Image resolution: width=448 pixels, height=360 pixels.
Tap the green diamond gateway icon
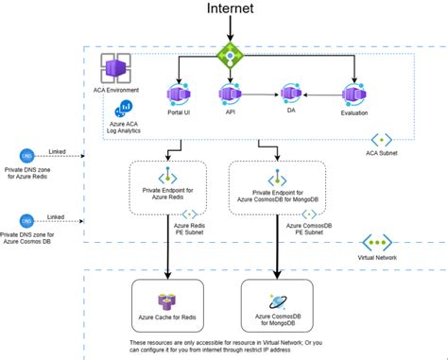pyautogui.click(x=229, y=55)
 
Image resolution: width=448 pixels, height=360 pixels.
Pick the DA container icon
pyautogui.click(x=291, y=94)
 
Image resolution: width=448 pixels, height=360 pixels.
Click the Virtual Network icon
pyautogui.click(x=377, y=243)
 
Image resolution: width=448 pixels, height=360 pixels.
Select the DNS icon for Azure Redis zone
pyautogui.click(x=27, y=156)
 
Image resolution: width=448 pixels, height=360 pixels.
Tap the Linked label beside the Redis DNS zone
pyautogui.click(x=56, y=149)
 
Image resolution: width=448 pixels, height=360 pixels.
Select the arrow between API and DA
pyautogui.click(x=261, y=94)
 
